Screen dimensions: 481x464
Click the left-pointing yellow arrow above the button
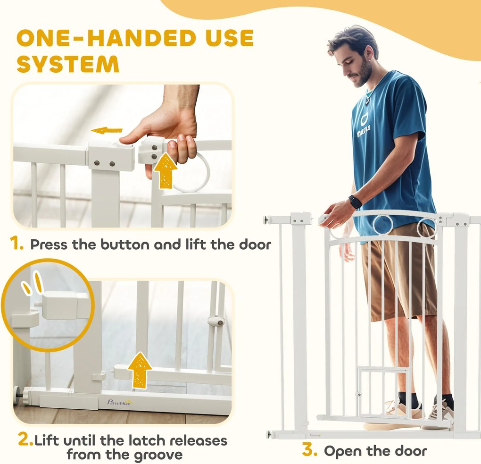coord(107,130)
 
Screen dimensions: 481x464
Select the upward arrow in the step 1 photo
coord(165,171)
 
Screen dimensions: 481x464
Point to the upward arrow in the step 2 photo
coord(140,370)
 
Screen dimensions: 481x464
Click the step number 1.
coord(16,243)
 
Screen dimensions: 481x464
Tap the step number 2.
coord(25,439)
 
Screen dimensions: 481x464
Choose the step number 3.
coord(309,449)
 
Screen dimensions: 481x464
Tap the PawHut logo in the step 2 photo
coord(119,402)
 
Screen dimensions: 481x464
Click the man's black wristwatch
coord(355,202)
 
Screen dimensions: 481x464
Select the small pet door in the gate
coord(383,393)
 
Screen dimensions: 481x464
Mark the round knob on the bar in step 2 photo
coord(216,321)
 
